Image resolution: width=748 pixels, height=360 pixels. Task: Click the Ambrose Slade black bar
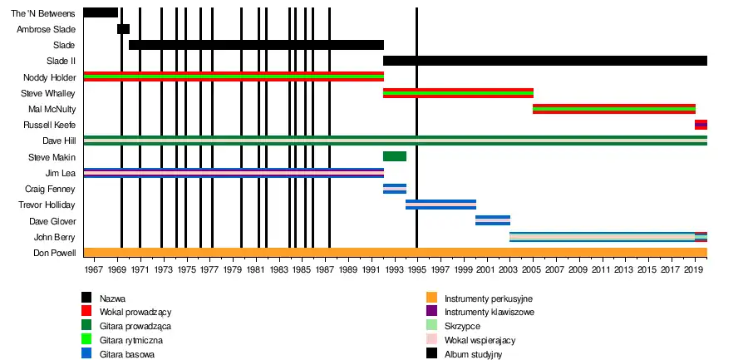point(123,29)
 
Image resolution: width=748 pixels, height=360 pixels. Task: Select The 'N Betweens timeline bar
point(101,12)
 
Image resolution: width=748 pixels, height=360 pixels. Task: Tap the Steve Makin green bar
point(395,156)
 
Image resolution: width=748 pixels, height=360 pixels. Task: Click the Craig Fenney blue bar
point(395,189)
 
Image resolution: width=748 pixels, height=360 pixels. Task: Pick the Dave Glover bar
point(493,220)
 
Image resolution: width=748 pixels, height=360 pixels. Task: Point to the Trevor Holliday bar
point(440,205)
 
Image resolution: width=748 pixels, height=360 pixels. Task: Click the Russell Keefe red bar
point(701,125)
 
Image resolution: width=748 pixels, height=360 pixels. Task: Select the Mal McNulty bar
point(614,109)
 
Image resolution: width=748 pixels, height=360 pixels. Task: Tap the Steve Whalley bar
point(458,93)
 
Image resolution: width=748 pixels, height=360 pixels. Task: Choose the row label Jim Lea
point(60,173)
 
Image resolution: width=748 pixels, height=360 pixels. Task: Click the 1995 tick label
point(416,271)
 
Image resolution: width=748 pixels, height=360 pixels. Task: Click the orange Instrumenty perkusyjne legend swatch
point(431,298)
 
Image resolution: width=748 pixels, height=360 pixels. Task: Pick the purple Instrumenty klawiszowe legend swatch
point(431,312)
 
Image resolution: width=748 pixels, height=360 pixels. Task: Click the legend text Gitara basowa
point(126,354)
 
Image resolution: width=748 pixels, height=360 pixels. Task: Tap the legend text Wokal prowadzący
point(135,312)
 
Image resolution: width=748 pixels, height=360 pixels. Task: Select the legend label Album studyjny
point(473,354)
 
